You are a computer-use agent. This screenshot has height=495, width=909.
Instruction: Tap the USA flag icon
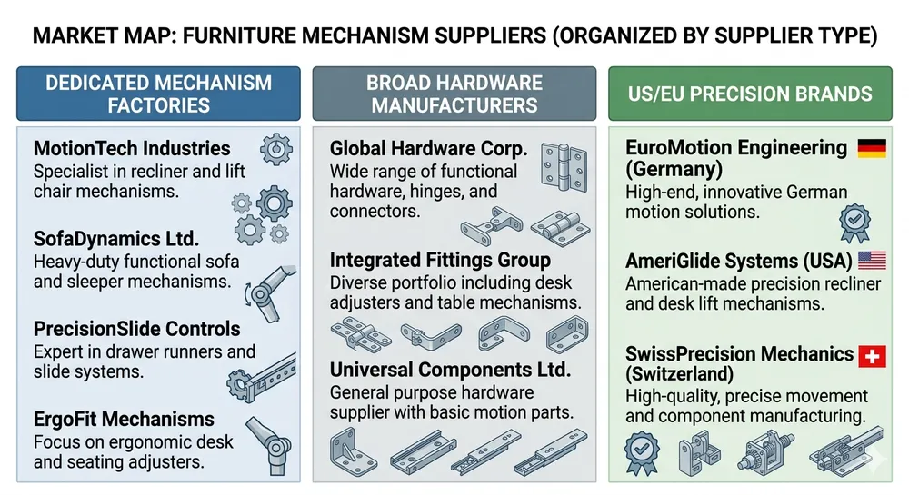[872, 262]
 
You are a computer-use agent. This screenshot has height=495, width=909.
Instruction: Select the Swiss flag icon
[872, 354]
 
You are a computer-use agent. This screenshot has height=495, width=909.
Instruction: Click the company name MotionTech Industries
[132, 148]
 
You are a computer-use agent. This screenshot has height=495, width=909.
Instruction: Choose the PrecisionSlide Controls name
[136, 329]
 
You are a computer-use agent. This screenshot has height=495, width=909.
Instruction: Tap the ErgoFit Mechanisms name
[124, 420]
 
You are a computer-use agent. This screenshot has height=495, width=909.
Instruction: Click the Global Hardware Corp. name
[428, 148]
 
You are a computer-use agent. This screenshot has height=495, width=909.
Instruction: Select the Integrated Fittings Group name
[440, 261]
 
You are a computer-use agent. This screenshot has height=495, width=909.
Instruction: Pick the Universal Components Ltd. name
[450, 371]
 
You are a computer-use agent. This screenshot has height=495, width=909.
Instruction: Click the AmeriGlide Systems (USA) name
[739, 262]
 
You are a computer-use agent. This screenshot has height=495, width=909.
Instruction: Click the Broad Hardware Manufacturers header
[454, 94]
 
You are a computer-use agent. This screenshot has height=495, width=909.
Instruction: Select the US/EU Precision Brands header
[750, 94]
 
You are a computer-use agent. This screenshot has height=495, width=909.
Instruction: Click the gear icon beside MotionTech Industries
[275, 148]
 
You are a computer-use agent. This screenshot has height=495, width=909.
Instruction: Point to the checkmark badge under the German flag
[855, 221]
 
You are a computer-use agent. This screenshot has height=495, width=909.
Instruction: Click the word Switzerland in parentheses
[683, 374]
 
